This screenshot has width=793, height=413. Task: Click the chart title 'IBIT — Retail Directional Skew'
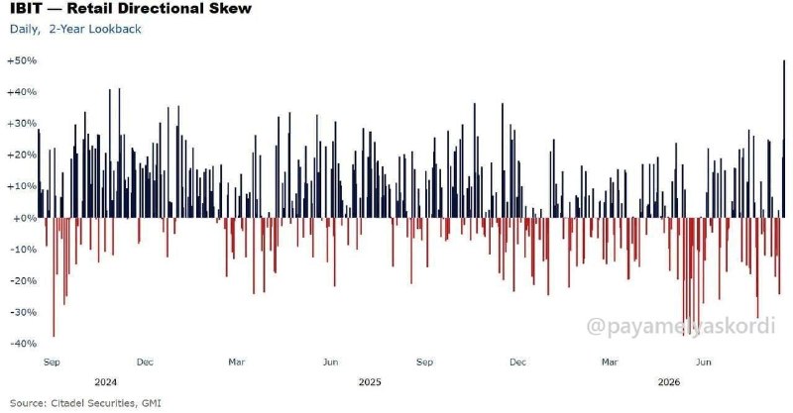pyautogui.click(x=131, y=8)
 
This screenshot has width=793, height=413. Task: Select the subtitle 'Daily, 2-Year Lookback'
pyautogui.click(x=75, y=29)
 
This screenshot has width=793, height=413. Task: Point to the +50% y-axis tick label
pyautogui.click(x=22, y=60)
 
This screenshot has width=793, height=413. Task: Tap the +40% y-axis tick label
pyautogui.click(x=22, y=92)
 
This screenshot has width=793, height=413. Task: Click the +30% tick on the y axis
pyautogui.click(x=22, y=124)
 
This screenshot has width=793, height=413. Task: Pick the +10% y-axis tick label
pyautogui.click(x=22, y=186)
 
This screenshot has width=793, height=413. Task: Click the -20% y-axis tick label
pyautogui.click(x=23, y=280)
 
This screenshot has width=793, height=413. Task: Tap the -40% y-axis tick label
pyautogui.click(x=23, y=344)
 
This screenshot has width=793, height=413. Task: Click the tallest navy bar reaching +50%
pyautogui.click(x=784, y=139)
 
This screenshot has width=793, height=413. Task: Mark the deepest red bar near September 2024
pyautogui.click(x=54, y=277)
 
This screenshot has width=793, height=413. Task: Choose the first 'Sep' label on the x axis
pyautogui.click(x=52, y=361)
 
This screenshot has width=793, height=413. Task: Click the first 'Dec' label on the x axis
pyautogui.click(x=145, y=361)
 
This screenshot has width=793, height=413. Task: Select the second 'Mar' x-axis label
pyautogui.click(x=610, y=361)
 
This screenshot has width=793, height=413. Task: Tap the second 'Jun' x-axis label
pyautogui.click(x=704, y=361)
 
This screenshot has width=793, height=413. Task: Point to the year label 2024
pyautogui.click(x=106, y=382)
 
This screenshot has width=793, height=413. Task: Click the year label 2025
pyautogui.click(x=370, y=382)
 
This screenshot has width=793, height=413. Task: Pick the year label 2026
pyautogui.click(x=669, y=382)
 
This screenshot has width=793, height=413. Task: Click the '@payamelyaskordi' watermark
pyautogui.click(x=681, y=326)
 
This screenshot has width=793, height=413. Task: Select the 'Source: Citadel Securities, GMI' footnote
pyautogui.click(x=85, y=403)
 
